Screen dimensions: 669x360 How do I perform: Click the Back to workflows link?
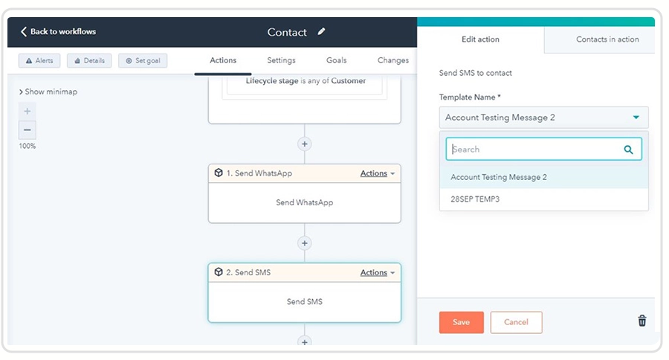point(59,31)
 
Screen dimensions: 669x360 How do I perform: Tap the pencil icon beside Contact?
point(321,31)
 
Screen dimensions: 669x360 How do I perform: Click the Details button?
point(89,61)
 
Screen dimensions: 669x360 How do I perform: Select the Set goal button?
point(143,61)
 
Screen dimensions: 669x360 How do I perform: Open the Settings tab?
point(281,60)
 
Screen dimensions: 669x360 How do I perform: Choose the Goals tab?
point(336,60)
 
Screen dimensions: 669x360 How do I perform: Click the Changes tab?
point(393,60)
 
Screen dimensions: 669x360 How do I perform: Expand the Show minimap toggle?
point(48,91)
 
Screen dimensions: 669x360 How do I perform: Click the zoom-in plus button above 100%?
point(28,112)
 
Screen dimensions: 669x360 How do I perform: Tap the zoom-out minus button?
point(28,130)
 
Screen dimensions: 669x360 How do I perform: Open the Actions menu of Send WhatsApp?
point(377,173)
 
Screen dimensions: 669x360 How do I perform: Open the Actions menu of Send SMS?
point(377,272)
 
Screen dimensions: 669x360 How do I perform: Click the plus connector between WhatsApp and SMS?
point(305,243)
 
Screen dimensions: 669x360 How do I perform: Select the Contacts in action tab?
point(607,39)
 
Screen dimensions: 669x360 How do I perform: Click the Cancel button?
point(517,322)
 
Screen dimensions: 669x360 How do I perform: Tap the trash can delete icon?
point(642,321)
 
